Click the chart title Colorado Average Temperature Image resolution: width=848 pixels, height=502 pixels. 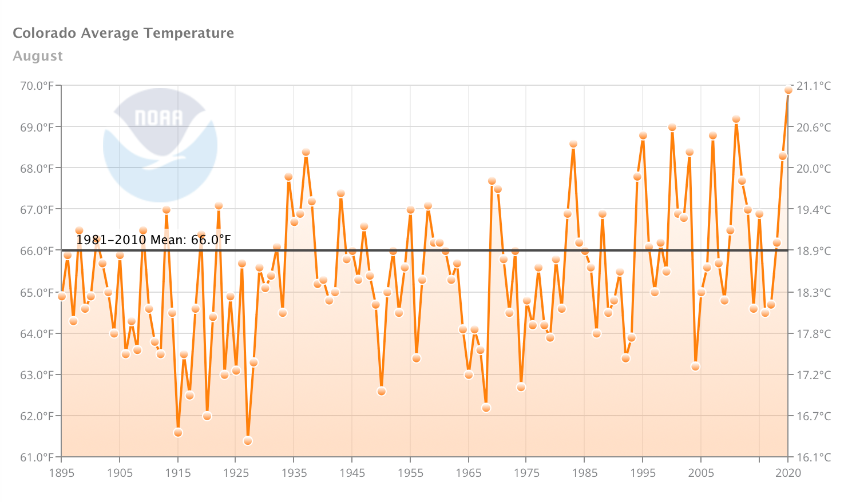click(x=123, y=33)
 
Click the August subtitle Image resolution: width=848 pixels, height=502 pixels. click(x=38, y=56)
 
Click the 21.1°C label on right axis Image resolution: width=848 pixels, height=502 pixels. click(x=814, y=86)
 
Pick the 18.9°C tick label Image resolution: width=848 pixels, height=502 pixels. click(x=814, y=251)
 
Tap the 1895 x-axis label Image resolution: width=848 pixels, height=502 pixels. click(x=61, y=473)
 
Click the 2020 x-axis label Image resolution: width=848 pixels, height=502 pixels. click(x=788, y=473)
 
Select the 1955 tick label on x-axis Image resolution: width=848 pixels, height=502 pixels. click(x=410, y=473)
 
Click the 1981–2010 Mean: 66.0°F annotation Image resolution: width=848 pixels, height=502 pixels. click(x=153, y=240)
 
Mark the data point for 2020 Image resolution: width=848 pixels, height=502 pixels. click(x=788, y=90)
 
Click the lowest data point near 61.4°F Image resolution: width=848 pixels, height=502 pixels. click(x=248, y=441)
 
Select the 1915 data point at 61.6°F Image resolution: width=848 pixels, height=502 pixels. click(x=178, y=433)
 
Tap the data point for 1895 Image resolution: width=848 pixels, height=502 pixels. click(x=62, y=296)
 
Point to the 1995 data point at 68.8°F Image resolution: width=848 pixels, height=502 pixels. click(x=643, y=136)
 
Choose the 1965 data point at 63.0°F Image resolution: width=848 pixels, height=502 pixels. click(x=469, y=375)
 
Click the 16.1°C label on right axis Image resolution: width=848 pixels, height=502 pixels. click(x=814, y=457)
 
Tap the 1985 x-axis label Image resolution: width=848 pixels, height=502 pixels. click(x=584, y=473)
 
